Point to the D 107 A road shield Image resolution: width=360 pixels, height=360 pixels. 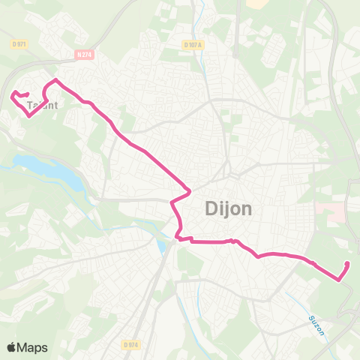click(x=193, y=45)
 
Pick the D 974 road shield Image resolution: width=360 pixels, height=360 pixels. click(x=130, y=344)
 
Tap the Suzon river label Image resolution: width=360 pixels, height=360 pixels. click(x=315, y=324)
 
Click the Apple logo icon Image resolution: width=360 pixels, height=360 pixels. click(x=12, y=347)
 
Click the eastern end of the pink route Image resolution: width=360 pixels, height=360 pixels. click(x=347, y=262)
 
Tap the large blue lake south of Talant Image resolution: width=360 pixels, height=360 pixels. click(x=45, y=172)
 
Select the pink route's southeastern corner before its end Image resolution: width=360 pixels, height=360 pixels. click(x=339, y=280)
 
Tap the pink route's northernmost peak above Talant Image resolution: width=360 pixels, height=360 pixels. click(x=55, y=79)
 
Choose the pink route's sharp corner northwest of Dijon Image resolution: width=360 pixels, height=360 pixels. click(x=189, y=190)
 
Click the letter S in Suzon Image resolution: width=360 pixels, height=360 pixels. click(x=310, y=319)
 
